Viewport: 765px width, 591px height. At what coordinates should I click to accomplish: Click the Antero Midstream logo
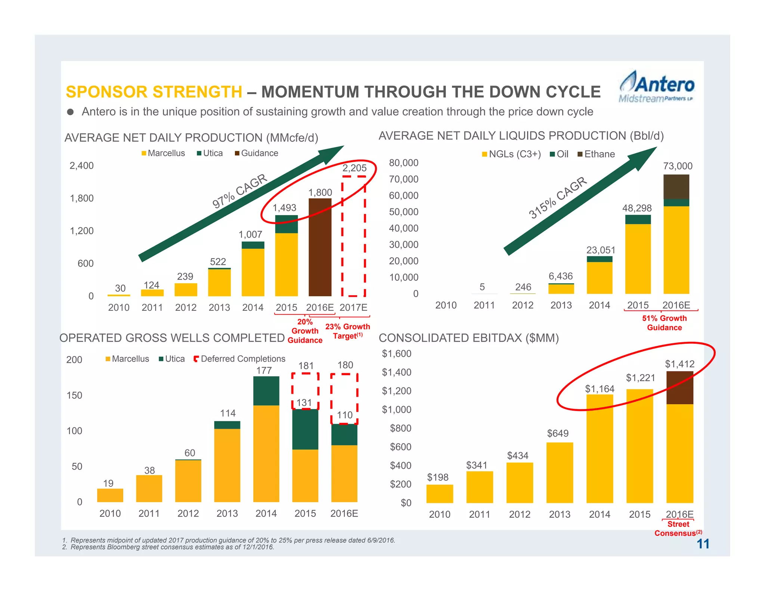click(x=656, y=87)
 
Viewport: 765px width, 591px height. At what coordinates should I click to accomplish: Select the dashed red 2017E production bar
click(x=353, y=236)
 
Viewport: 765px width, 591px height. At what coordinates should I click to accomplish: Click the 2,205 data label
click(x=354, y=168)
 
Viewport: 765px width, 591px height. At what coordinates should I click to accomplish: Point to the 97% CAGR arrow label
click(x=239, y=191)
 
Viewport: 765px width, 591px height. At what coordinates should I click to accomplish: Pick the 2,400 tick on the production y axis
click(x=81, y=165)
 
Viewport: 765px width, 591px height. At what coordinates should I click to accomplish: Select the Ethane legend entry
click(x=596, y=154)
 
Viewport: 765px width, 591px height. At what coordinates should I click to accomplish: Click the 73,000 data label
click(x=678, y=166)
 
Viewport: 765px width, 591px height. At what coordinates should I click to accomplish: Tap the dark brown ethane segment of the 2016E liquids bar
click(x=676, y=187)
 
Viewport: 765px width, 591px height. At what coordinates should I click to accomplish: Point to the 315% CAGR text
click(x=557, y=197)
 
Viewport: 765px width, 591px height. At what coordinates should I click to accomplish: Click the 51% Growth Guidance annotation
click(x=664, y=323)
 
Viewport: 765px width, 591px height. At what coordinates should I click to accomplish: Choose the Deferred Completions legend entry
click(x=239, y=359)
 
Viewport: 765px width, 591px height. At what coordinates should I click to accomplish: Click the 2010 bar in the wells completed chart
click(x=110, y=495)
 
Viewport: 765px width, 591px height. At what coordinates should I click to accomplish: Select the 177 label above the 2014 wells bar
click(x=264, y=370)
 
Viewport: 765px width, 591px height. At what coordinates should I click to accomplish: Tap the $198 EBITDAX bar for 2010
click(x=440, y=493)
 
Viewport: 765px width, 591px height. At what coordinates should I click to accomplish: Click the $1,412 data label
click(x=679, y=364)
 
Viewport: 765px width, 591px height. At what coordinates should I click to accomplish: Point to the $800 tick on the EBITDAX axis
click(x=400, y=428)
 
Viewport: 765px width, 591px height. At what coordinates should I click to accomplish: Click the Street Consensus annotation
click(x=678, y=529)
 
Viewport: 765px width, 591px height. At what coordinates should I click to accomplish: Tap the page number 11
click(x=703, y=544)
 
